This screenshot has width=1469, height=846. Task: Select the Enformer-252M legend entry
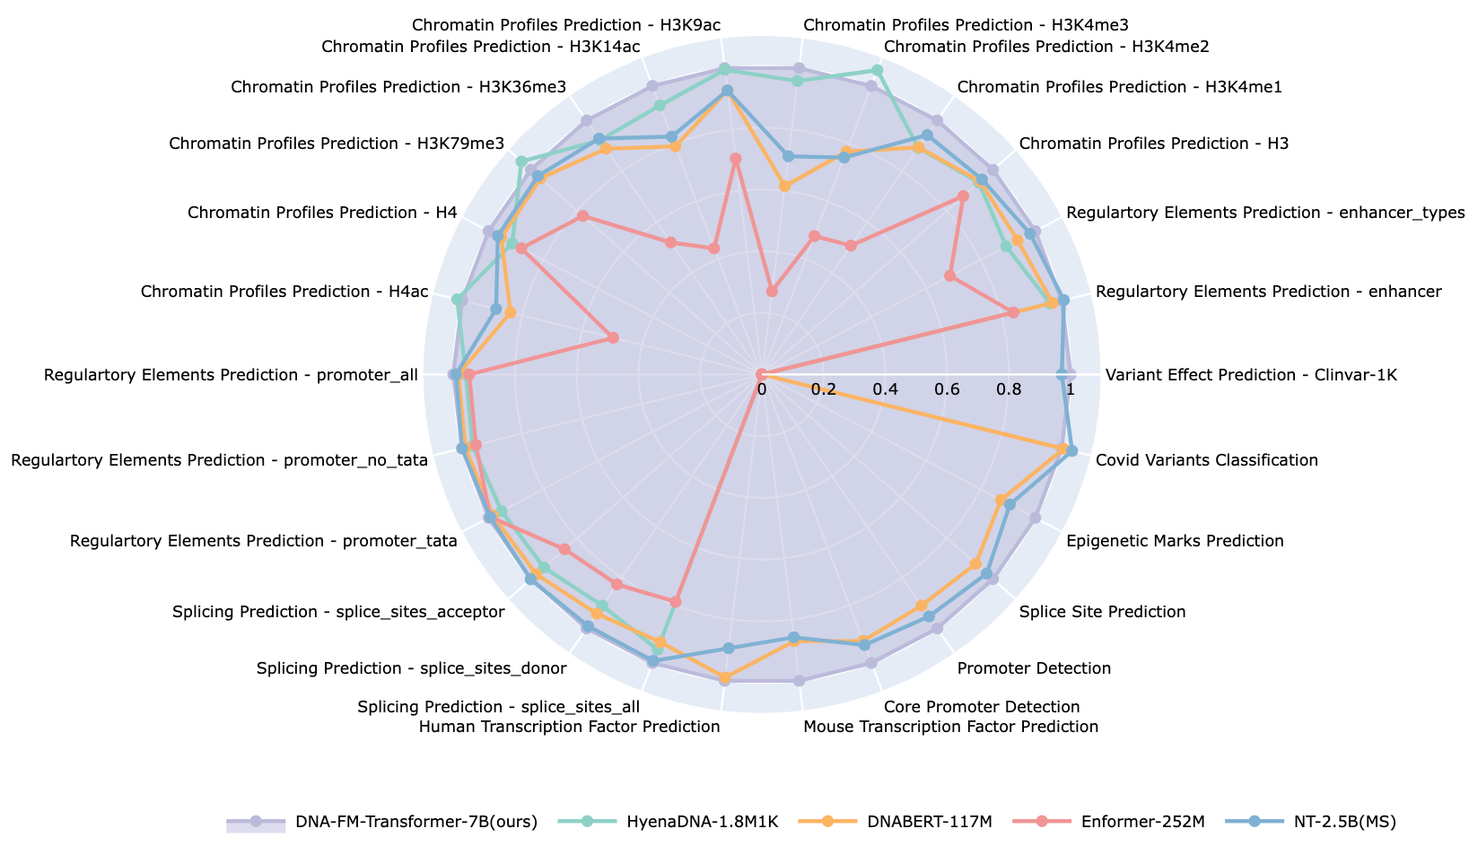1133,822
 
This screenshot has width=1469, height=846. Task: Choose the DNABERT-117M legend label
917,822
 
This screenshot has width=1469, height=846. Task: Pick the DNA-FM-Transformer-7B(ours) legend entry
414,822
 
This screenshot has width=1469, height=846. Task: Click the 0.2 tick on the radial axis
823,390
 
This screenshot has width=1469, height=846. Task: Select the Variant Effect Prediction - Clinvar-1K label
1251,375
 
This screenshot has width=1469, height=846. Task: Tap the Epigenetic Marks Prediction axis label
1175,541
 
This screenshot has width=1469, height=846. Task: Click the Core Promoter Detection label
982,707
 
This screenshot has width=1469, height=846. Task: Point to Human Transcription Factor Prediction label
570,727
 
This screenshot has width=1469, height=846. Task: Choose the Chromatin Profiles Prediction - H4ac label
284,292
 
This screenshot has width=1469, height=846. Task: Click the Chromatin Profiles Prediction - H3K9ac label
565,24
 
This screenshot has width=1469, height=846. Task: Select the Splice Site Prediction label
1103,612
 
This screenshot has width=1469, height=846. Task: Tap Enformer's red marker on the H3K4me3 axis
772,291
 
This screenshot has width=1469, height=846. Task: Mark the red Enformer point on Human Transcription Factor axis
676,601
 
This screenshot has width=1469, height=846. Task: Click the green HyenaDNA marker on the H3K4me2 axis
878,70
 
